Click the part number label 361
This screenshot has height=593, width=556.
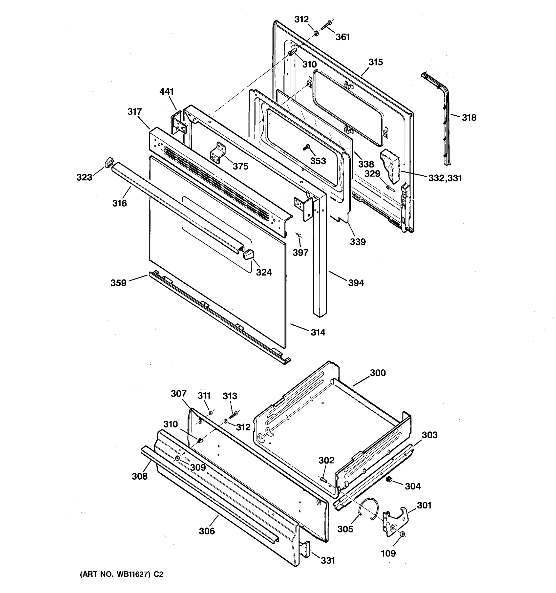pos(342,37)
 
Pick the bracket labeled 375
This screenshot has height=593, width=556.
pos(218,153)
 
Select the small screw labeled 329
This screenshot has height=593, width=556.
pos(389,187)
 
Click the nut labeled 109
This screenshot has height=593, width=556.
pos(402,535)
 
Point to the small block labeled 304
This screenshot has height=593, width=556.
pos(388,479)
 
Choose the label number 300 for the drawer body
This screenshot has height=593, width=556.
pos(378,373)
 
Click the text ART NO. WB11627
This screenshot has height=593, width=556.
pos(115,574)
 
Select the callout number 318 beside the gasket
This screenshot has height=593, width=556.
pos(469,118)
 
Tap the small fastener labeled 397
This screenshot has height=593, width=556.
pos(299,236)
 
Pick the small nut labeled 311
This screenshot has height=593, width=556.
pos(210,412)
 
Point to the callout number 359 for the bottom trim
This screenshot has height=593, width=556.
pos(118,282)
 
